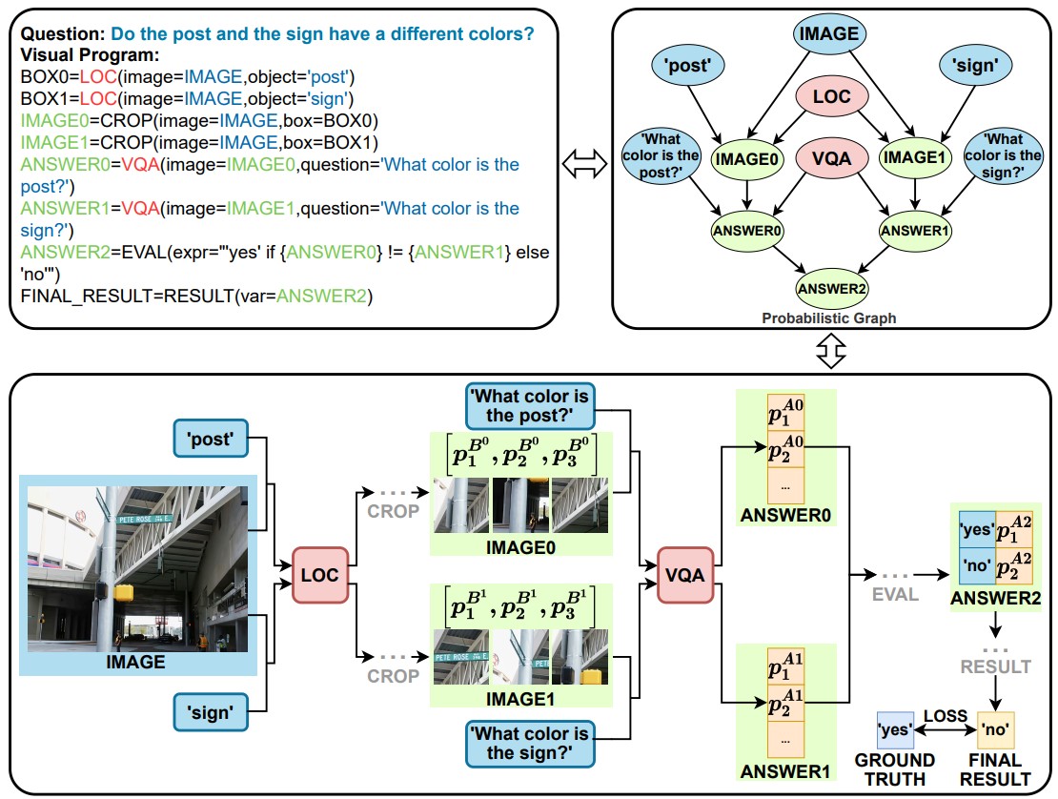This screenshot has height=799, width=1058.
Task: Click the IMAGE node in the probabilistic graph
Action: (x=828, y=33)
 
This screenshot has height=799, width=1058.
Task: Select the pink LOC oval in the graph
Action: (x=831, y=96)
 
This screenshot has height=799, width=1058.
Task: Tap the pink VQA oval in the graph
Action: (x=831, y=158)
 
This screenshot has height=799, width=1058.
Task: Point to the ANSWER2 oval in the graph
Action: (x=831, y=289)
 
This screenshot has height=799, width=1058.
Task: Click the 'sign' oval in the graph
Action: (x=974, y=66)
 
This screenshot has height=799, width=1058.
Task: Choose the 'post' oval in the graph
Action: (x=687, y=66)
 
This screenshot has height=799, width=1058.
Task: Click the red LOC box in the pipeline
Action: (x=320, y=575)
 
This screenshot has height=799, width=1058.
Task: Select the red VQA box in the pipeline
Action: (x=685, y=575)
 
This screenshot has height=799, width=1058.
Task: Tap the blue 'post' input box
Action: (x=211, y=439)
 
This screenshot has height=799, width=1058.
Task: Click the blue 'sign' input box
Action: (x=211, y=712)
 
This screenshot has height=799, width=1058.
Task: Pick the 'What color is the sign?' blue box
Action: (x=530, y=744)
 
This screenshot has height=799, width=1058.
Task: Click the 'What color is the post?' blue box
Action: (x=530, y=405)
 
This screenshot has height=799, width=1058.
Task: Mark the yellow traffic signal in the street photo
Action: (x=124, y=592)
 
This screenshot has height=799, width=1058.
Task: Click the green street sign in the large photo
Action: (x=144, y=519)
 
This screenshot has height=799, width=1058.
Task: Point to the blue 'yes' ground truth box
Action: (x=895, y=729)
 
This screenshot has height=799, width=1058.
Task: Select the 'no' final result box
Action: (x=995, y=729)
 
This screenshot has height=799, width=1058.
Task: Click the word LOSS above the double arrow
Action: (x=946, y=716)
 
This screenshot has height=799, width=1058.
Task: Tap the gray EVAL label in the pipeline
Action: (x=895, y=595)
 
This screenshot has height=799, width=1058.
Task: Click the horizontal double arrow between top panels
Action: (x=584, y=164)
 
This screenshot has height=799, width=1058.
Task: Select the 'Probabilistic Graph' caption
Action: (x=829, y=318)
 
